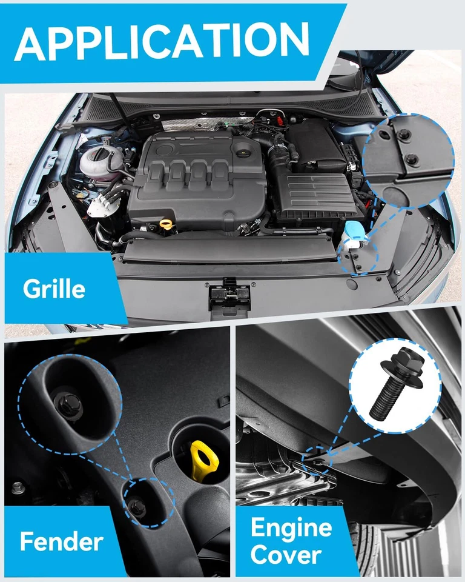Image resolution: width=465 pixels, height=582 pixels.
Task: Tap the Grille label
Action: [x=54, y=289]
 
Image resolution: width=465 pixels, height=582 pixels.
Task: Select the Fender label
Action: [x=61, y=541]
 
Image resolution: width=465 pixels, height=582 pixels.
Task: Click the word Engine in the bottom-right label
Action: [x=291, y=528]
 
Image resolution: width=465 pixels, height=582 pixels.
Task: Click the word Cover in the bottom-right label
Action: [x=286, y=554]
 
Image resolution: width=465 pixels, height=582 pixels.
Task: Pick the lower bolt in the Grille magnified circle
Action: [x=412, y=159]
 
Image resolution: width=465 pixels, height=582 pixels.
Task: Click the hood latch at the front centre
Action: [x=229, y=295]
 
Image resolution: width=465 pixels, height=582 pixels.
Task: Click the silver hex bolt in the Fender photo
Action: [x=18, y=487]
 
